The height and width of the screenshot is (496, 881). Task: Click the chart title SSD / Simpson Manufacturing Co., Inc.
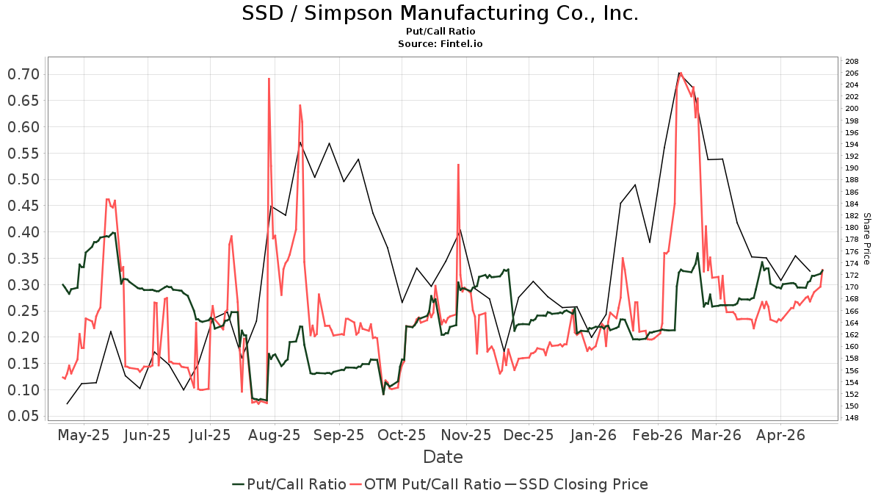pos(440,13)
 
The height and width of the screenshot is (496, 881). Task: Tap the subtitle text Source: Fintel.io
pos(440,44)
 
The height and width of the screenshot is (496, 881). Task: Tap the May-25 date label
pos(83,434)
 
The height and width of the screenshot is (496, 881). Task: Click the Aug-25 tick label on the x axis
pos(275,434)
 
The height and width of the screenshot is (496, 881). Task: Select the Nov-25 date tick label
pos(466,434)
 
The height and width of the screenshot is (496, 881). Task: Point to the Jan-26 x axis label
pos(593,434)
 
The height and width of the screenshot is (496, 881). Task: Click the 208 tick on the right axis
pos(852,62)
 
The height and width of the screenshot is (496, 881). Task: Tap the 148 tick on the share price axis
pos(852,418)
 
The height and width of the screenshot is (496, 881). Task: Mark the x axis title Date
pos(443,457)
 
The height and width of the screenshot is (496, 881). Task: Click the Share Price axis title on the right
pos(866,239)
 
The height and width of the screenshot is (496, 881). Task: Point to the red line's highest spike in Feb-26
pos(681,73)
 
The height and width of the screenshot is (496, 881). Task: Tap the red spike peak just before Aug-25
pos(269,79)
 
